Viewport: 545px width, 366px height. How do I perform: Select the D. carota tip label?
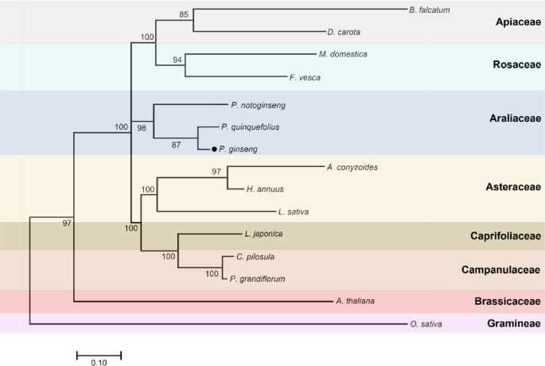tap(343, 33)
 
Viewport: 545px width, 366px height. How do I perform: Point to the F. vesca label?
tap(305, 78)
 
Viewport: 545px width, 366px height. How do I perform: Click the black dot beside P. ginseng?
tap(214, 149)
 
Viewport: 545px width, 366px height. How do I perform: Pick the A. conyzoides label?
tap(352, 167)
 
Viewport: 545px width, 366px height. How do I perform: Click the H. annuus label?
tap(267, 189)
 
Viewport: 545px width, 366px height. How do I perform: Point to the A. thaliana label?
tap(355, 301)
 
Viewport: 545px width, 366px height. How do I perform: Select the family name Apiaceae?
tap(515, 22)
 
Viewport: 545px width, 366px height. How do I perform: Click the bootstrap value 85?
tap(184, 14)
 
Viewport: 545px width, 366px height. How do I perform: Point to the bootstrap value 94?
tap(177, 60)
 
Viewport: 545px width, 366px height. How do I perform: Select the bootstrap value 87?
tap(188, 144)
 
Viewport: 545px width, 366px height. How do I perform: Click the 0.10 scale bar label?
tap(99, 362)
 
